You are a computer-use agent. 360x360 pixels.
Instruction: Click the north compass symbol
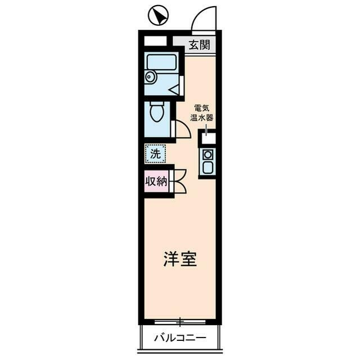158,15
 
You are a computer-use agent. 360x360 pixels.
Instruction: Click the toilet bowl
156,112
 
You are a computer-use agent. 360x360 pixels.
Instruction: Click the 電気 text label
203,108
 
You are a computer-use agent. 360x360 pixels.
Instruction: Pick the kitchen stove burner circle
208,155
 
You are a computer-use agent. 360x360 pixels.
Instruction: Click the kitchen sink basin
208,167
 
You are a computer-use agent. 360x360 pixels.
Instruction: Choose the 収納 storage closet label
157,182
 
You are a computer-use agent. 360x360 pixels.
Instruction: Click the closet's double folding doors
180,181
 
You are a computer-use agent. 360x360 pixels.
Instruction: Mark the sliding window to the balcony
180,322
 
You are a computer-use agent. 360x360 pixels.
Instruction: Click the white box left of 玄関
155,41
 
